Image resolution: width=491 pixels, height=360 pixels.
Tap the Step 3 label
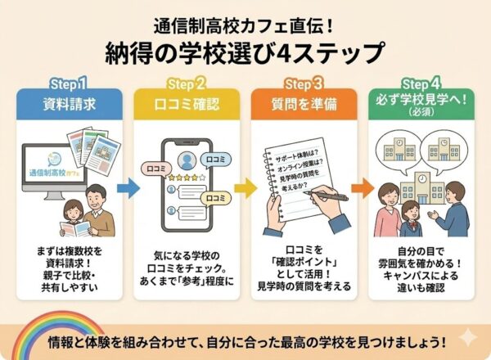pos(304,83)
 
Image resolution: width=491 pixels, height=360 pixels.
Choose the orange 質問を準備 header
pos(304,104)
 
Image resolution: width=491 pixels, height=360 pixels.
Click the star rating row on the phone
pos(185,177)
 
